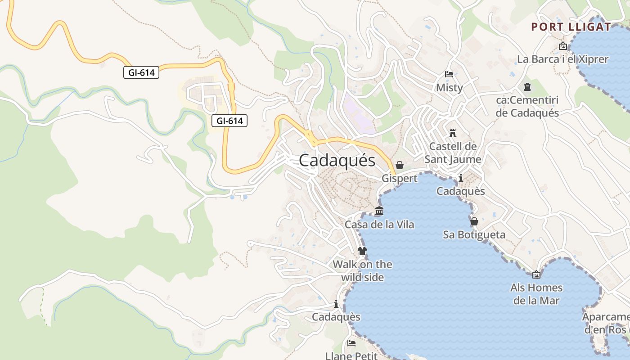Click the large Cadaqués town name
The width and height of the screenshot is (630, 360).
[337, 160]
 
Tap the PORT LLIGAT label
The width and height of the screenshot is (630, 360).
[571, 27]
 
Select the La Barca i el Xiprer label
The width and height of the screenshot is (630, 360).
[562, 59]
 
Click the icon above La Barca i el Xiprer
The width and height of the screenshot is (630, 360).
[562, 46]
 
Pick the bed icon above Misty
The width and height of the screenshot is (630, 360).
[449, 74]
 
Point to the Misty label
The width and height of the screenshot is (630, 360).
[449, 88]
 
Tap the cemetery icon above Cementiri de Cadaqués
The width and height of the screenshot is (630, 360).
[527, 87]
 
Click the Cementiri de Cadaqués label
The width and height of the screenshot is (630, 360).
[527, 107]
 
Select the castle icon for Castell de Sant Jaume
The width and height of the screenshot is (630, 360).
[453, 133]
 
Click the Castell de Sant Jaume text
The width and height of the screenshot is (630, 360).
[453, 153]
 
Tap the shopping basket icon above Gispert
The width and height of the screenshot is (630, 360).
[399, 166]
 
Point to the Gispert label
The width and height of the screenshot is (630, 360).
[399, 179]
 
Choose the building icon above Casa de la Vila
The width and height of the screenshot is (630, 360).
[379, 211]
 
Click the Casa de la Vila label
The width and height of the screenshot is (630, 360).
[379, 225]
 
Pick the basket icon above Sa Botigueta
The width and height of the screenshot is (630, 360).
[474, 221]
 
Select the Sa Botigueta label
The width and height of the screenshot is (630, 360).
[474, 235]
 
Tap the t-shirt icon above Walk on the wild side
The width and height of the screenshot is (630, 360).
[362, 251]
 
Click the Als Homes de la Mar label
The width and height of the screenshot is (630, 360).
[536, 294]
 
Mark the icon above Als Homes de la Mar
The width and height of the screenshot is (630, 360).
[536, 274]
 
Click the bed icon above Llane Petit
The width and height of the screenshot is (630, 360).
[351, 343]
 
